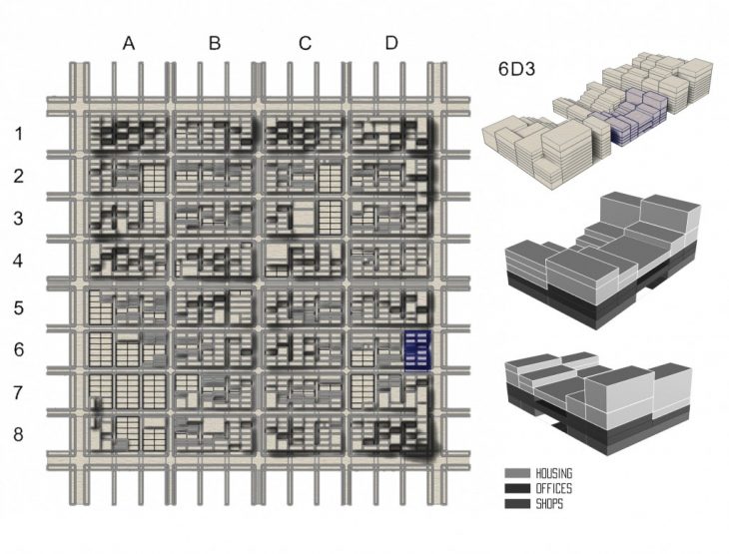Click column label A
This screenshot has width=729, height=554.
[128, 43]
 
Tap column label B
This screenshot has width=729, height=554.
[215, 43]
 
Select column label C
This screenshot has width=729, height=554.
[305, 43]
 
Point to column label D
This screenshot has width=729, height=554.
[391, 43]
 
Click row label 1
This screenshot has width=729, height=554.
[19, 134]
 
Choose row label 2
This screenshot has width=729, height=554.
[19, 177]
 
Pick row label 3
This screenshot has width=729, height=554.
[19, 219]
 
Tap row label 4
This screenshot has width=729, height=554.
[19, 263]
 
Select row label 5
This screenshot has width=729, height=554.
[19, 307]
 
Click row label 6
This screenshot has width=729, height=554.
[19, 350]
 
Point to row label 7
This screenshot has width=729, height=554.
[19, 392]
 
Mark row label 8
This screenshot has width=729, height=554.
[19, 435]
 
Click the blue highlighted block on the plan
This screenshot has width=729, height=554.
[416, 350]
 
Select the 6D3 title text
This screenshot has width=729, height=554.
[519, 71]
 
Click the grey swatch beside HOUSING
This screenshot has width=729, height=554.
[517, 473]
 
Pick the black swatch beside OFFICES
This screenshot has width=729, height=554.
[517, 488]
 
